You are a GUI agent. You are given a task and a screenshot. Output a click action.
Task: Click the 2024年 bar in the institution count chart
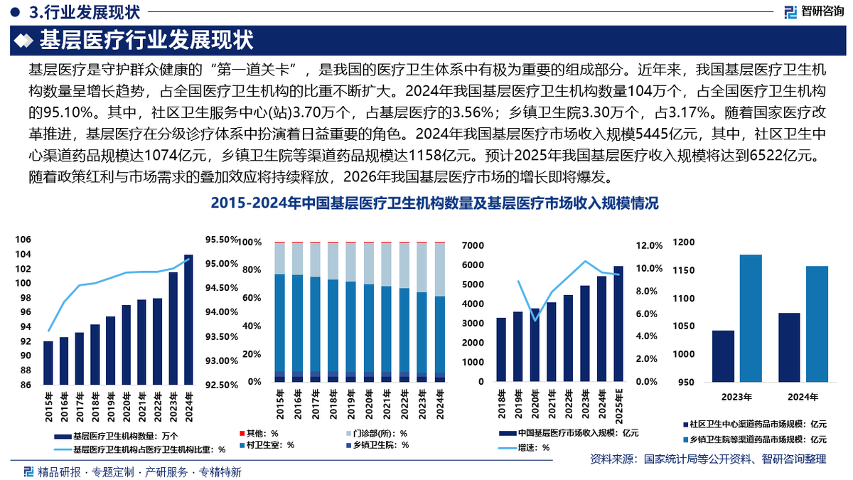point(188,319)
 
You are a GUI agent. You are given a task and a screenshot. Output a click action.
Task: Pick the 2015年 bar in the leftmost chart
point(48,363)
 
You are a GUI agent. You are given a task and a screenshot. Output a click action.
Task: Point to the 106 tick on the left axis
point(23,240)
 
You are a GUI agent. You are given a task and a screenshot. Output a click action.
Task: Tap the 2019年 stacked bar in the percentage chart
point(351,313)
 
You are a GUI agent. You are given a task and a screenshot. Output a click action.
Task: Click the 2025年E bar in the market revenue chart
point(618,324)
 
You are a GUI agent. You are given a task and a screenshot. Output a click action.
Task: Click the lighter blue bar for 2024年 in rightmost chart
point(817,324)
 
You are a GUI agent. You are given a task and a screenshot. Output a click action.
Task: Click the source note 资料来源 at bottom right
point(708,460)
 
